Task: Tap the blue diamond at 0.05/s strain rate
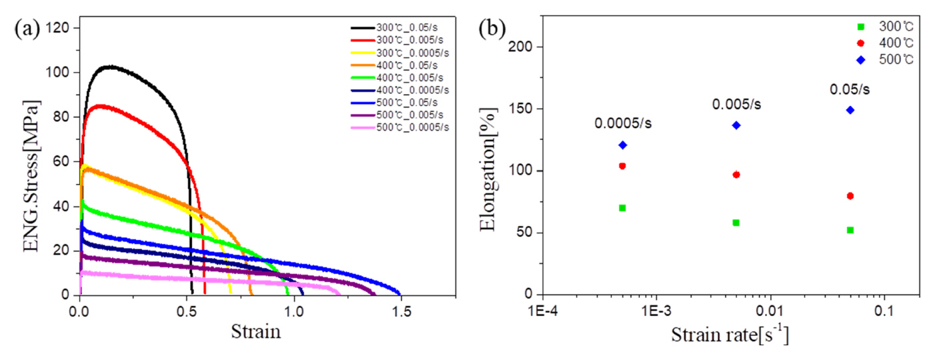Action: pos(850,110)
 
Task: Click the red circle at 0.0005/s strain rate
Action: pos(622,166)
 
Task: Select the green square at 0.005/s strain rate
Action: pos(736,223)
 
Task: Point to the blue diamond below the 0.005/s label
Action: pos(736,125)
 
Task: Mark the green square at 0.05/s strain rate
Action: pos(850,230)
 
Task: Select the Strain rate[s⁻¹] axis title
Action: pos(729,334)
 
